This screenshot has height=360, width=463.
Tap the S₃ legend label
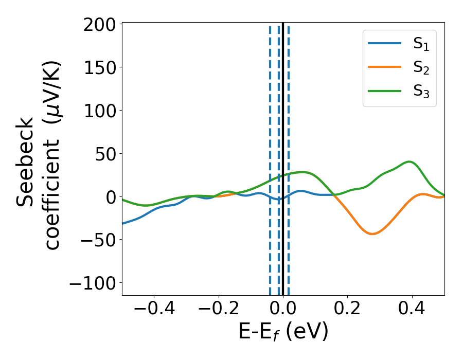point(421,91)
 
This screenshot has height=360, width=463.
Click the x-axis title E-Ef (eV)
point(283,332)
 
